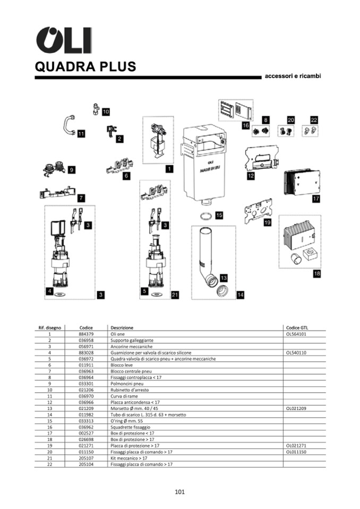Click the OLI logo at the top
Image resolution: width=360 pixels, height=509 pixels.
(x=64, y=40)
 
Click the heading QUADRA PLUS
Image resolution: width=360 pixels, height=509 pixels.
(x=85, y=67)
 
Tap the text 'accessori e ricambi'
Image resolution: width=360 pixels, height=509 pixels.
(x=293, y=76)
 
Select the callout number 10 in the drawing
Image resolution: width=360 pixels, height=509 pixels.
(x=106, y=111)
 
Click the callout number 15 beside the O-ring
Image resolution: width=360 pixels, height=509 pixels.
(x=219, y=215)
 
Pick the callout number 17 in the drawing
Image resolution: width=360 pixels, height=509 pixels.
(x=316, y=199)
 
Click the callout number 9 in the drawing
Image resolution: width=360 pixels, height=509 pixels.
(x=71, y=170)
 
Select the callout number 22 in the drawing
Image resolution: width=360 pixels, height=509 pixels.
(x=314, y=120)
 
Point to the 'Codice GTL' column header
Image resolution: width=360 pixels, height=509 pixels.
(x=296, y=327)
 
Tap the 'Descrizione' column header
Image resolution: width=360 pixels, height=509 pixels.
(x=122, y=327)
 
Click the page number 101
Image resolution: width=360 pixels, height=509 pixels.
(x=179, y=492)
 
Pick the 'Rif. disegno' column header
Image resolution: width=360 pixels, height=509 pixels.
(x=49, y=327)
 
